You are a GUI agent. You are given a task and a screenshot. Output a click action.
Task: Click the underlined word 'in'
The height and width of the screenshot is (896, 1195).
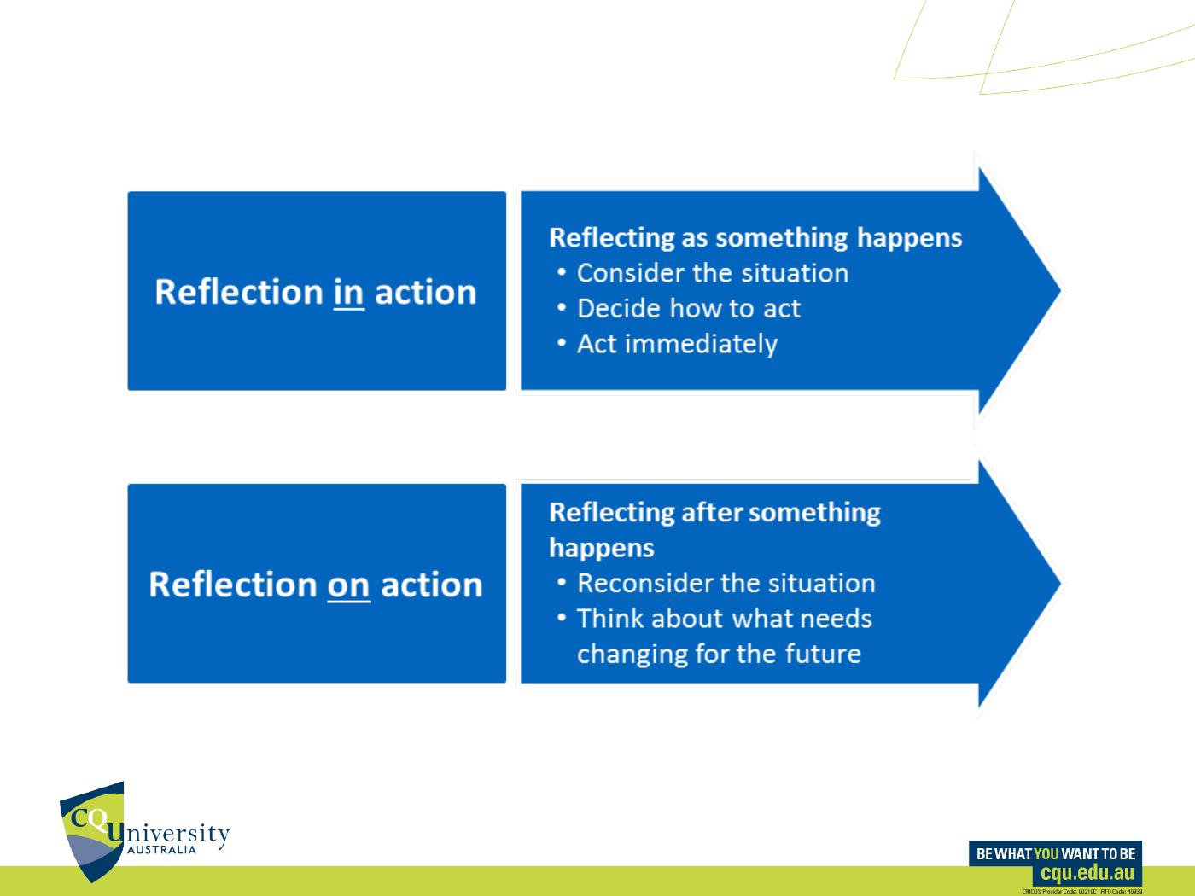[348, 293]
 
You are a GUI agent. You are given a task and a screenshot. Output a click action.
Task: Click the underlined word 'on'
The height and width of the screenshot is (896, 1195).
[348, 585]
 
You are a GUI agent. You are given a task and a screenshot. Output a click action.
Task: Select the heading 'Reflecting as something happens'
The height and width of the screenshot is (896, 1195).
[755, 239]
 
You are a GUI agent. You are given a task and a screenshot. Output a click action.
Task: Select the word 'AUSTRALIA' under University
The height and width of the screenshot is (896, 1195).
[161, 850]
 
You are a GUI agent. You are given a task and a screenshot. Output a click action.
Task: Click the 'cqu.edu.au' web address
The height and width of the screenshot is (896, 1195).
[1087, 873]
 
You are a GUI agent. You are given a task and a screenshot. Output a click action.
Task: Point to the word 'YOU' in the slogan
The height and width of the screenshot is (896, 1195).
[1046, 853]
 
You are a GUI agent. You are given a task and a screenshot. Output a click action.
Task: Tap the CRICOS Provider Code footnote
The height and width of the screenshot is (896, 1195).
[1081, 892]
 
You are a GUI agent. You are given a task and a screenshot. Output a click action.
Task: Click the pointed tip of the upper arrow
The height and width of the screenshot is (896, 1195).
[1060, 291]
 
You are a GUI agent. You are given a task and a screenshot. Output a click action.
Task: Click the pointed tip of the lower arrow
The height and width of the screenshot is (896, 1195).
[1060, 583]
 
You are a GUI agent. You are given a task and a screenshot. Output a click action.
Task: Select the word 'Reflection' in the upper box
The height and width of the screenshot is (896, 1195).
[239, 292]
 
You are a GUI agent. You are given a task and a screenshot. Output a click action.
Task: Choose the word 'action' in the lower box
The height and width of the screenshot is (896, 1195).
[432, 585]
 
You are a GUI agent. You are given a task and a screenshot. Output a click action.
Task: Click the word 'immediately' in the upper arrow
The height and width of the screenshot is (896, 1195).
[702, 345]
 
